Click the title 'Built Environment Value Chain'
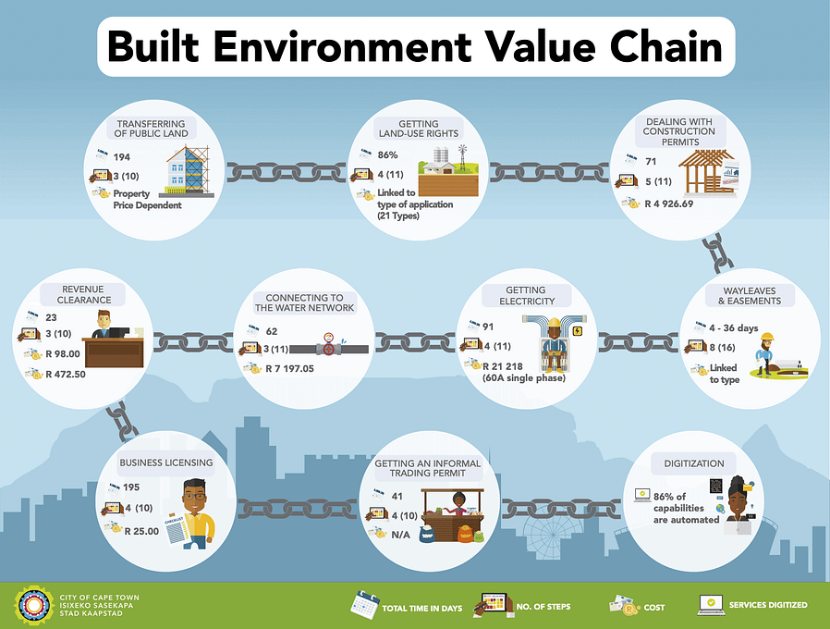pos(416,45)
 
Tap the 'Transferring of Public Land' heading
pos(152,129)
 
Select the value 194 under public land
pos(122,156)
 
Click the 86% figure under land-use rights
pos(387,155)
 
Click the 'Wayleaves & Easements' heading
pos(749,296)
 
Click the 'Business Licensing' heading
pos(166,462)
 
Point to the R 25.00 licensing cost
pos(141,531)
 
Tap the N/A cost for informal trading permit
pos(400,534)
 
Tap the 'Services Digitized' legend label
pos(767,606)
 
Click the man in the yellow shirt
pos(196,512)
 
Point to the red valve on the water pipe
pos(328,350)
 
